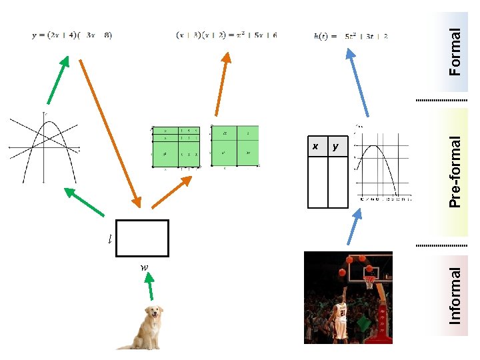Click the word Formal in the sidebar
coord(455,51)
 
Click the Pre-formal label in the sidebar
coord(455,171)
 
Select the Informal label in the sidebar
coord(455,295)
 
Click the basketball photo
coord(348,297)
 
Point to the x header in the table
coord(316,146)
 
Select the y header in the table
coord(335,146)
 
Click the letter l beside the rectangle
coord(110,239)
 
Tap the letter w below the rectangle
coord(144,267)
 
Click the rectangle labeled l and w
coord(142,238)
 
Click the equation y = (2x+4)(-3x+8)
coord(72,35)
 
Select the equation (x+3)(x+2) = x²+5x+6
coord(226,35)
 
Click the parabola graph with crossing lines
coord(44,148)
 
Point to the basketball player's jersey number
coord(341,312)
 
